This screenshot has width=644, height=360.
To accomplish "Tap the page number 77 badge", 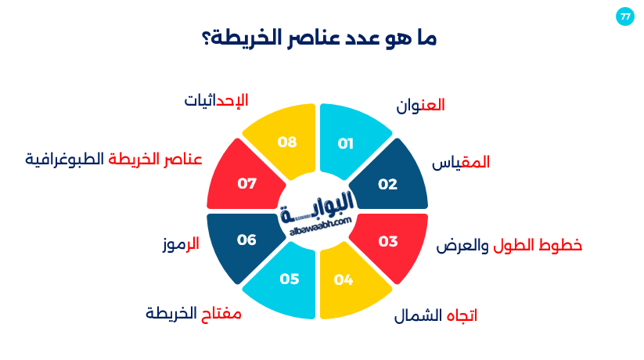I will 624,16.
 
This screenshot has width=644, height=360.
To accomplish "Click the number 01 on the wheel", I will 346,143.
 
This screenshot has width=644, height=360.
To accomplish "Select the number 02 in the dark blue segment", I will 387,184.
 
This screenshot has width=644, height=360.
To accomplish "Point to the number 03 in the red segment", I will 388,241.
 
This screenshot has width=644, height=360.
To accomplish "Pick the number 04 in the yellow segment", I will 344,279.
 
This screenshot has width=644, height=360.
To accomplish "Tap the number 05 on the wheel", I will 290,279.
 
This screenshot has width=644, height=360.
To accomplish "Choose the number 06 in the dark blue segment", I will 246,239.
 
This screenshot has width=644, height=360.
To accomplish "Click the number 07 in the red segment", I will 247,184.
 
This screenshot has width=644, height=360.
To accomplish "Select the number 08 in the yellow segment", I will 288,142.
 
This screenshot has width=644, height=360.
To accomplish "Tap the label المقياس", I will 462,163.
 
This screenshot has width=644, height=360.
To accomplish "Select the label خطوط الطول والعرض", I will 509,245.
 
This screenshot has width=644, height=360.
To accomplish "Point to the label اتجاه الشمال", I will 435,316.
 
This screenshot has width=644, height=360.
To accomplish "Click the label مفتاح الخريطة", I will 193,314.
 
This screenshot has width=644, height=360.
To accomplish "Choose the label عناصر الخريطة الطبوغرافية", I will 113,159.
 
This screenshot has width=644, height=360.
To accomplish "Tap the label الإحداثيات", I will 216,101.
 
